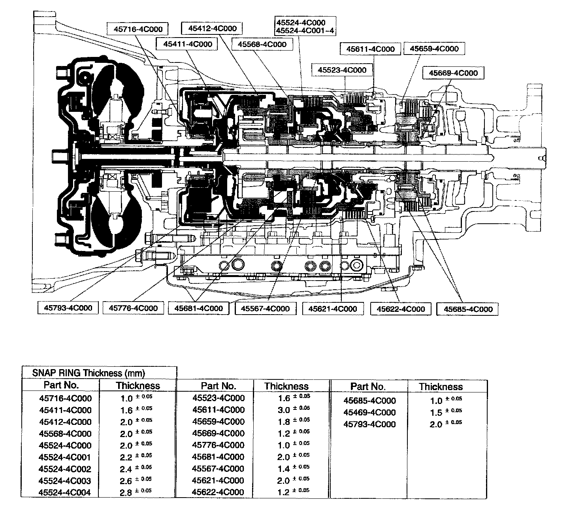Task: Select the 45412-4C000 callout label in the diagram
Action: pos(212,28)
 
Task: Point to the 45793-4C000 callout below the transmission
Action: pos(68,307)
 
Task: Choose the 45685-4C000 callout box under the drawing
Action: pos(468,309)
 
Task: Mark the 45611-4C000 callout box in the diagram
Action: pos(370,49)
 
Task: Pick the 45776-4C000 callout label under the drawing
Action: pos(133,308)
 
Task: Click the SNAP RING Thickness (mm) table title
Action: pos(89,373)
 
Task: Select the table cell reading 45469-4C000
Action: pos(369,412)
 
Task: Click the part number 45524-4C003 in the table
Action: pos(65,481)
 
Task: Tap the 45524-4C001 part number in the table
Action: pos(65,457)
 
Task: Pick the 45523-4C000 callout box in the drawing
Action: pos(342,70)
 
